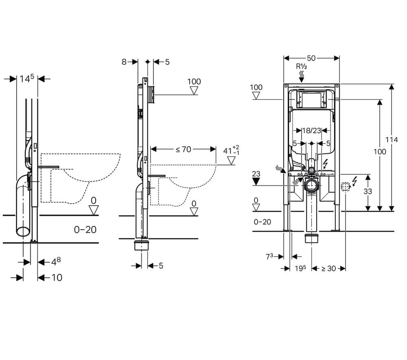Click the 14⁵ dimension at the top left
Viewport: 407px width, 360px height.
26,79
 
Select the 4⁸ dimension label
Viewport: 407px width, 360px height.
55,261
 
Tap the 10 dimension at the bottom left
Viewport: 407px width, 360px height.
57,278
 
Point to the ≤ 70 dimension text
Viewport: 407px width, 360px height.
183,149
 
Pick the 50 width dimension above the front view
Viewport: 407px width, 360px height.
311,58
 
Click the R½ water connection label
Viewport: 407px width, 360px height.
301,66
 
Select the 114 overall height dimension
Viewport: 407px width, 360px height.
392,140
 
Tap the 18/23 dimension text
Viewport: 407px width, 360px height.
312,131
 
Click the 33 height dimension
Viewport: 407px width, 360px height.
368,191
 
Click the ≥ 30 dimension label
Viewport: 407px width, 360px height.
329,268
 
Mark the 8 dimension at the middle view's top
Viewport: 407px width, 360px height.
124,62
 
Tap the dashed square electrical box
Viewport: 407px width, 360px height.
345,187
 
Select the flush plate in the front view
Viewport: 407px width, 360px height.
311,99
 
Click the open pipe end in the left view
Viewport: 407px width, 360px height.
23,231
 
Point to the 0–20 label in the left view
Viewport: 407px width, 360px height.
85,230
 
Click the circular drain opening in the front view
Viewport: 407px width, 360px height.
312,186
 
